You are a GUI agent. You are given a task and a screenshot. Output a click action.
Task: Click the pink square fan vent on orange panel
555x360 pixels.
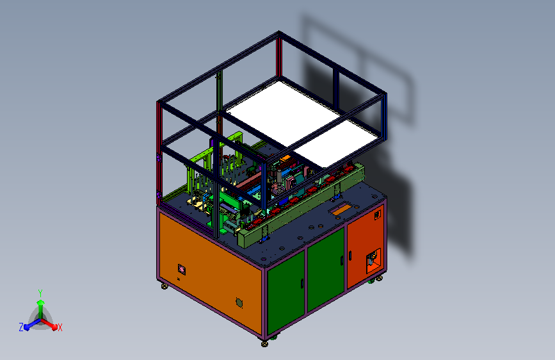pyautogui.click(x=182, y=270)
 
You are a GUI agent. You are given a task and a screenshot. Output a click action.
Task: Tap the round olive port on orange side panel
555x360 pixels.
pyautogui.click(x=239, y=302)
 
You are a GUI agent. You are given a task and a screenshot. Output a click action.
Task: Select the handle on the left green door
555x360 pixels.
pyautogui.click(x=302, y=284)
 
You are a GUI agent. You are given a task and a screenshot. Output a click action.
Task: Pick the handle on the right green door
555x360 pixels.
pyautogui.click(x=342, y=261)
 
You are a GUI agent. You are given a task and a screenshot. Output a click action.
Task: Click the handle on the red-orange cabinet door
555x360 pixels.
pyautogui.click(x=350, y=256)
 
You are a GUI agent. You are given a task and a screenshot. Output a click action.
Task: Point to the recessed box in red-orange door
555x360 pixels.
pyautogui.click(x=373, y=261)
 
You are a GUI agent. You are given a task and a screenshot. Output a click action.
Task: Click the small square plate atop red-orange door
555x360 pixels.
pyautogui.click(x=378, y=215)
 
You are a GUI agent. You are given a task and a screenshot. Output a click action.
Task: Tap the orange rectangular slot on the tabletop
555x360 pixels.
pyautogui.click(x=342, y=209)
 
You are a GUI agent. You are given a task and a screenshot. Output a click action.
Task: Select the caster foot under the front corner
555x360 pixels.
pyautogui.click(x=264, y=343)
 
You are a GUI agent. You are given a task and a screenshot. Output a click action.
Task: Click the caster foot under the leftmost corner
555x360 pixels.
pyautogui.click(x=165, y=285)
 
